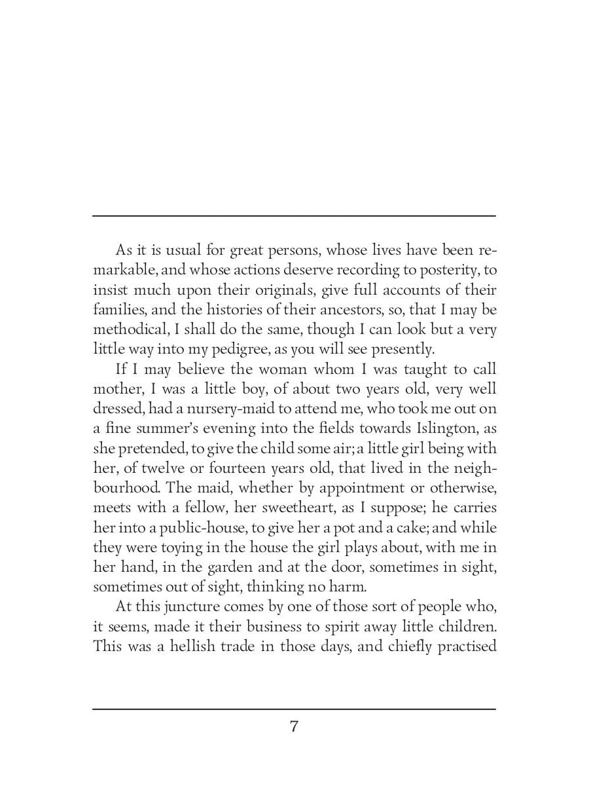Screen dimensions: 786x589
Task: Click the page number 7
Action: [294, 726]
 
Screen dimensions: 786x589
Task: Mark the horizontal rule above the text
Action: [294, 215]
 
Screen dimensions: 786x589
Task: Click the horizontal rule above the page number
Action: [294, 708]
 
